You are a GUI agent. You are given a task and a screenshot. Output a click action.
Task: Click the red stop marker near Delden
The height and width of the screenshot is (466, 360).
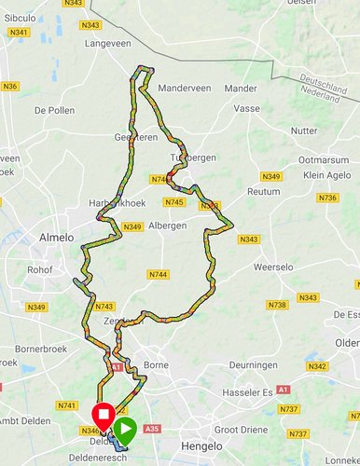[x=104, y=414]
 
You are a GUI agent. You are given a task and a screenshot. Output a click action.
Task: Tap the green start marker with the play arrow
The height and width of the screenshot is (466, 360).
[x=126, y=429]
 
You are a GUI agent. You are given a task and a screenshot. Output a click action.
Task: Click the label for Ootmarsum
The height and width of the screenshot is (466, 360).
[x=323, y=159]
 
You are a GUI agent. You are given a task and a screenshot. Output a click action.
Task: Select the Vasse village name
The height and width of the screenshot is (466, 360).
[x=247, y=109]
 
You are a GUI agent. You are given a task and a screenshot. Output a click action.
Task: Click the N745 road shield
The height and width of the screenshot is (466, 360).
[x=173, y=202]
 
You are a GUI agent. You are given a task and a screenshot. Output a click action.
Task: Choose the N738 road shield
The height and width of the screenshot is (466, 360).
[x=277, y=305]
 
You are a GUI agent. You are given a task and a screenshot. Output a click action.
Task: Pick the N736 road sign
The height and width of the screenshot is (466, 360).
[x=326, y=198]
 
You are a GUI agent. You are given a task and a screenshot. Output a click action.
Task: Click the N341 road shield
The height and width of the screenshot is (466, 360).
[x=19, y=32]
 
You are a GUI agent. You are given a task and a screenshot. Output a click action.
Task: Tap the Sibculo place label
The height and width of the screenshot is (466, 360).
[x=21, y=17]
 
